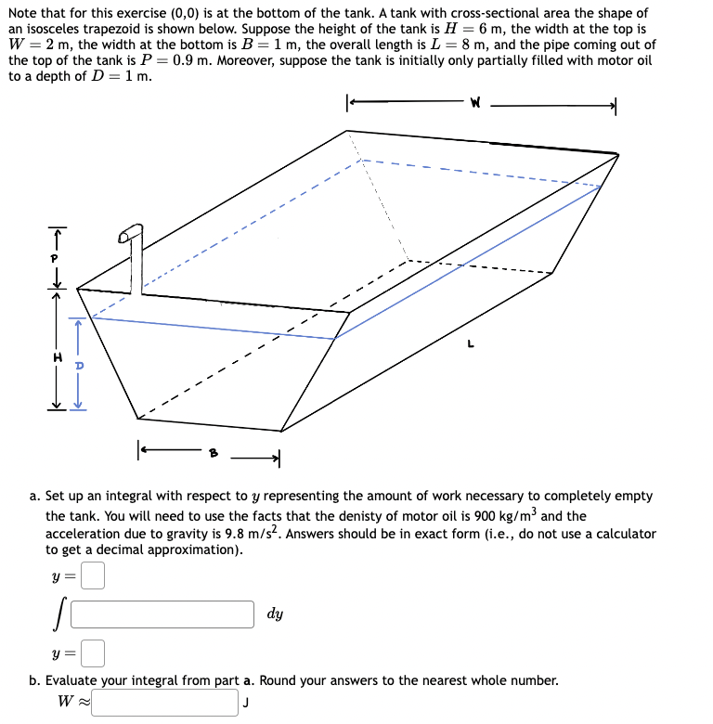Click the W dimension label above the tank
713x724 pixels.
point(476,104)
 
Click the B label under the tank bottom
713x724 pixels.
point(214,454)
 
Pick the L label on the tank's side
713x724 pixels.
point(472,345)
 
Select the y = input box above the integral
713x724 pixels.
point(92,577)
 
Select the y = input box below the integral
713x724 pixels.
point(92,653)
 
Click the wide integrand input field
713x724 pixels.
point(162,614)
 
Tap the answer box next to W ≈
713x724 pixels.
point(165,702)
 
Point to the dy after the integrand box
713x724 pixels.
point(276,614)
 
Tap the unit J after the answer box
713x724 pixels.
point(246,704)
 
